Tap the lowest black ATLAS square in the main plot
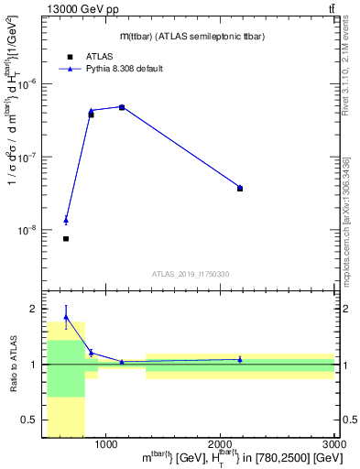66,238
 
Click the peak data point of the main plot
122,107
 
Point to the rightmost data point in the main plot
240,188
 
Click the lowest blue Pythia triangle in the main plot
66,220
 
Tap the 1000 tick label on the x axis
105,444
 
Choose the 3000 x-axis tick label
334,444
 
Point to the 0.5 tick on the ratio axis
33,420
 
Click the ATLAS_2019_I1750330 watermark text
190,274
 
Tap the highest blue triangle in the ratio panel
66,317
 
